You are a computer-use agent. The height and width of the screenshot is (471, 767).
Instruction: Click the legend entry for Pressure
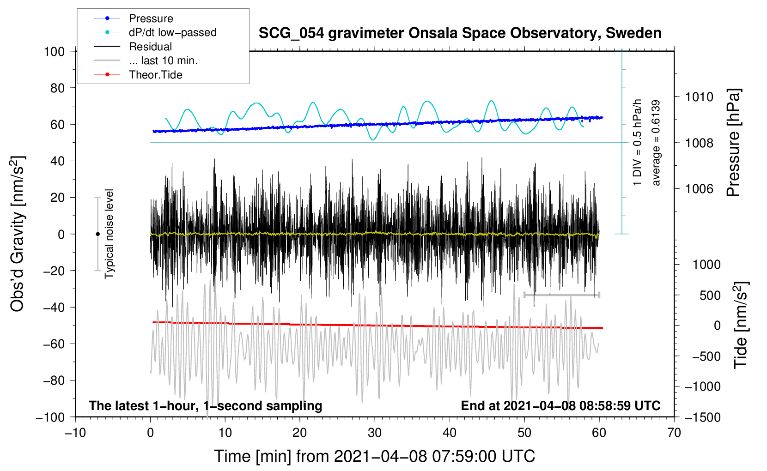pos(151,18)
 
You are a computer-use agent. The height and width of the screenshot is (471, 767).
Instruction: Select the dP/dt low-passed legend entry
pos(172,32)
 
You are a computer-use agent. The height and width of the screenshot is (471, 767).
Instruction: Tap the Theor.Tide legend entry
pos(155,75)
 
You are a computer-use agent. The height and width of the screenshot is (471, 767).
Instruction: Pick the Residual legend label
pos(150,47)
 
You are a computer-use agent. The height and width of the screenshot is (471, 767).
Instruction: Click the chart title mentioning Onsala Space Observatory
pos(460,33)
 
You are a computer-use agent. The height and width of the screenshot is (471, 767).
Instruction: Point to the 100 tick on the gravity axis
pos(54,51)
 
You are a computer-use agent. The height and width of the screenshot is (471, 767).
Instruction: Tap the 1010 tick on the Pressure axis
pos(699,97)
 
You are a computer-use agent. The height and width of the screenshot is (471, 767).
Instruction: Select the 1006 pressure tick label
pos(699,188)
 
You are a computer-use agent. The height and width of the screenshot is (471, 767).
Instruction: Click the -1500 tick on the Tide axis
pos(703,417)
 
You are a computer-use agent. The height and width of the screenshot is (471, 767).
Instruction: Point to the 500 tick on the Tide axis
pos(710,295)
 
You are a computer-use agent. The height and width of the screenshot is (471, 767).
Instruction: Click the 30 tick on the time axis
pos(375,433)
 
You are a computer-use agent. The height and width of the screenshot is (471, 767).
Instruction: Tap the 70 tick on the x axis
pos(674,433)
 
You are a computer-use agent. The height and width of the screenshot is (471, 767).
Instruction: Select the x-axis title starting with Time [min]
pos(375,456)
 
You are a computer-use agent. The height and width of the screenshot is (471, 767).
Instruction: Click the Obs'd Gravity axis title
pos(18,234)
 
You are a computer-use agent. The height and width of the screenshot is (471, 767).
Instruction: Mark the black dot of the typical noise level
pos(97,234)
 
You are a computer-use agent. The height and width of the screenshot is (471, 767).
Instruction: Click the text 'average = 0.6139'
pos(656,143)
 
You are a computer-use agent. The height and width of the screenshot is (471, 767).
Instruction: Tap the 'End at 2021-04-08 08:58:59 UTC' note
pos(560,406)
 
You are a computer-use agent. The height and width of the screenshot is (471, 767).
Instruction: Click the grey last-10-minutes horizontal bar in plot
pos(561,295)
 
